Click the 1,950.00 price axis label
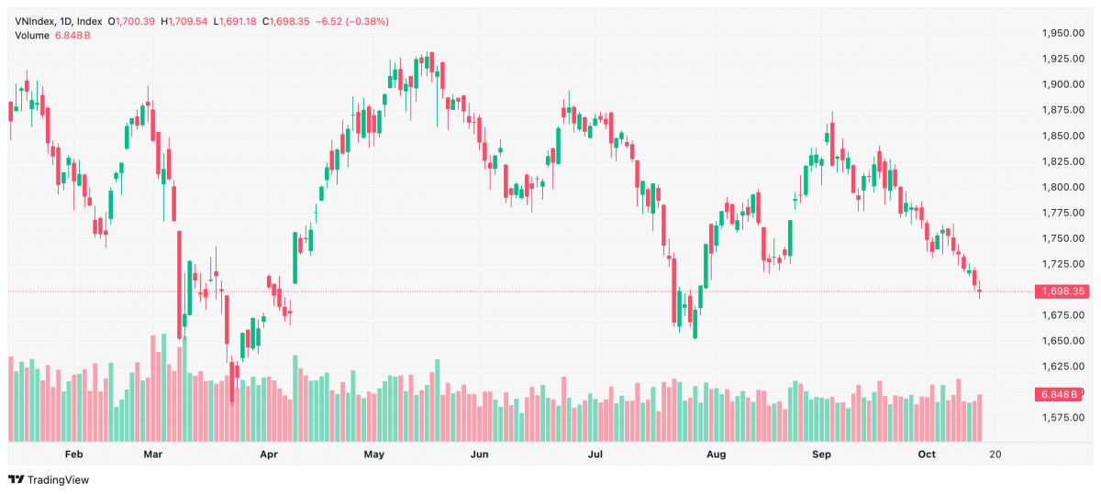1063,33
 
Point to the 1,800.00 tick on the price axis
1063,187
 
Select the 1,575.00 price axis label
1063,417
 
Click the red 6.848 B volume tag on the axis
1058,394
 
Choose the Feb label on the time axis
73,455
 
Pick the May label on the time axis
374,455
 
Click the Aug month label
717,455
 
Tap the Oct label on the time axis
927,455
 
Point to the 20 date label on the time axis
995,455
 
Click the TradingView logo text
58,479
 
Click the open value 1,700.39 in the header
135,22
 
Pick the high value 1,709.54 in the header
188,22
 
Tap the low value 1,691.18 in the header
238,22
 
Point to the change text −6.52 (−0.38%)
352,22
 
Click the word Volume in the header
32,36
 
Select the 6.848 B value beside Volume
72,36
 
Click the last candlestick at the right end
980,291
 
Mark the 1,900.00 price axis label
1063,84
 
